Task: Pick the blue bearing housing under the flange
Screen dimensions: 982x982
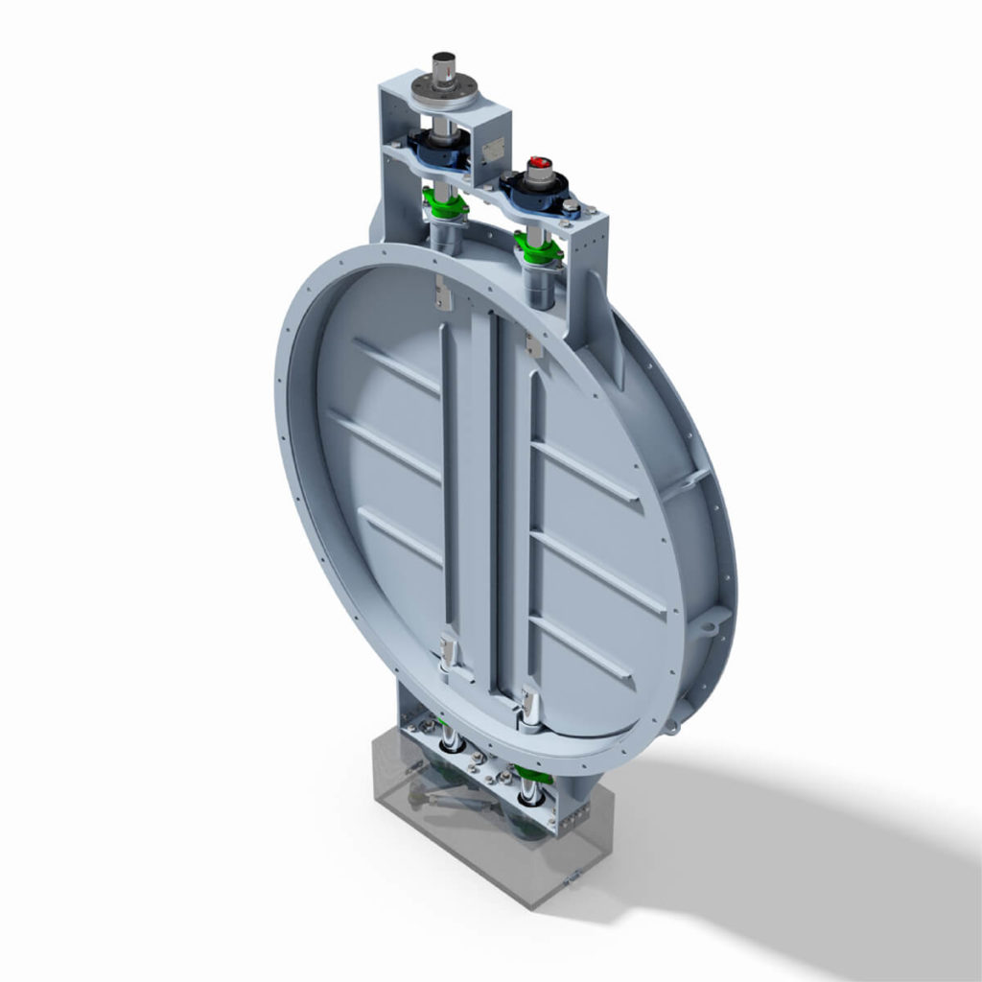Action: click(439, 149)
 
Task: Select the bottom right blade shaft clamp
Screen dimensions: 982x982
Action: click(529, 706)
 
